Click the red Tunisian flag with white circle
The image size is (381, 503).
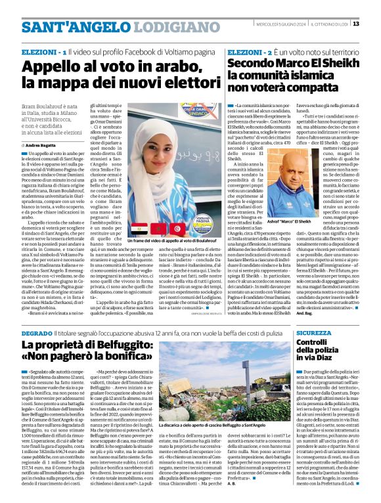pos(178,229)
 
